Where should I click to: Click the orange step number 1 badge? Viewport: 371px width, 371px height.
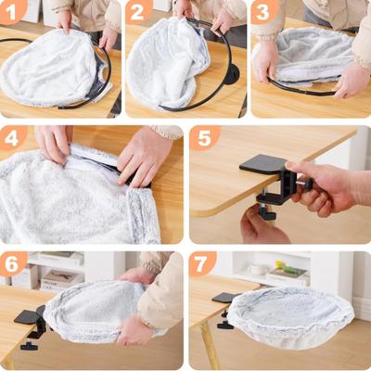pos(13,12)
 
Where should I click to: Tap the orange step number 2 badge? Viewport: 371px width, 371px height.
pos(138,12)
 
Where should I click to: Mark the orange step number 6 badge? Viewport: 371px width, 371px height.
pos(13,262)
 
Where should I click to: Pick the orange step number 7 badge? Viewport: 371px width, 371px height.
pos(204,262)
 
